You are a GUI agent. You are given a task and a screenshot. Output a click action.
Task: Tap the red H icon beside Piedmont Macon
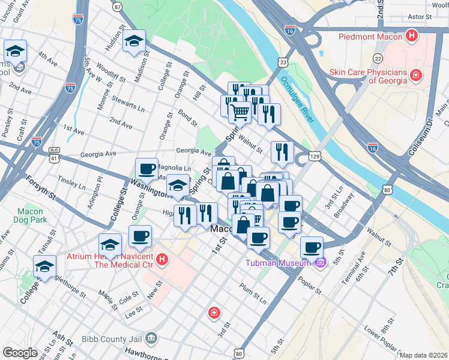[x=412, y=36]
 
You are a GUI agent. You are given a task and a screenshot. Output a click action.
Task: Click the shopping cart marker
[x=240, y=111]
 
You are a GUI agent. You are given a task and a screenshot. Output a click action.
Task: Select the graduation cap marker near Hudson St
[x=134, y=41]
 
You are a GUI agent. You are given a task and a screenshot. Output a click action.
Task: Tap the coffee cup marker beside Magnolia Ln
[x=147, y=170]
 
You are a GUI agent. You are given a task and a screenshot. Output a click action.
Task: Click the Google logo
[x=19, y=353]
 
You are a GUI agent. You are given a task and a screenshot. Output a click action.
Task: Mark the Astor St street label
[x=419, y=17]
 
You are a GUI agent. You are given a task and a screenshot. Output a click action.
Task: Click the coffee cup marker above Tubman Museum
[x=312, y=247]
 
